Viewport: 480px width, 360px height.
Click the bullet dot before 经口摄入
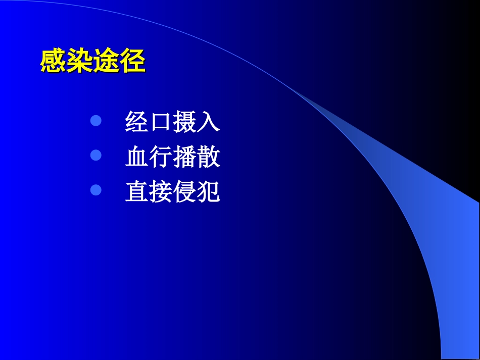pos(96,121)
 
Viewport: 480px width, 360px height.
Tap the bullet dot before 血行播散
pos(96,156)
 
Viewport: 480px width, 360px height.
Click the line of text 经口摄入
pos(173,122)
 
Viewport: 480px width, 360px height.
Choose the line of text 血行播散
pos(173,157)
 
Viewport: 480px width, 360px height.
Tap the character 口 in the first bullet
pos(161,123)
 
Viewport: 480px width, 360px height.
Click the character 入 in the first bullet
pos(209,122)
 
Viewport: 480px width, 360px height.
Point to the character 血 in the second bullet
pos(137,157)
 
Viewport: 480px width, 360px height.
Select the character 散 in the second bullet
pos(209,157)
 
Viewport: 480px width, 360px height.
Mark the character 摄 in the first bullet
pos(185,122)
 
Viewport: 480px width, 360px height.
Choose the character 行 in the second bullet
pos(161,157)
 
